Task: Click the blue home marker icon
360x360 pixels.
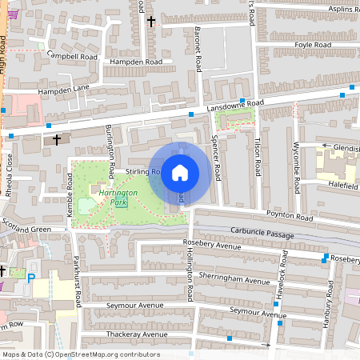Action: tap(180, 172)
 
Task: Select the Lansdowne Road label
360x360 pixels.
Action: tap(235, 106)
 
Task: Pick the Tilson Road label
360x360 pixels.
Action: tap(258, 157)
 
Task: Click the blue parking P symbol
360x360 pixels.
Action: tap(31, 278)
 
